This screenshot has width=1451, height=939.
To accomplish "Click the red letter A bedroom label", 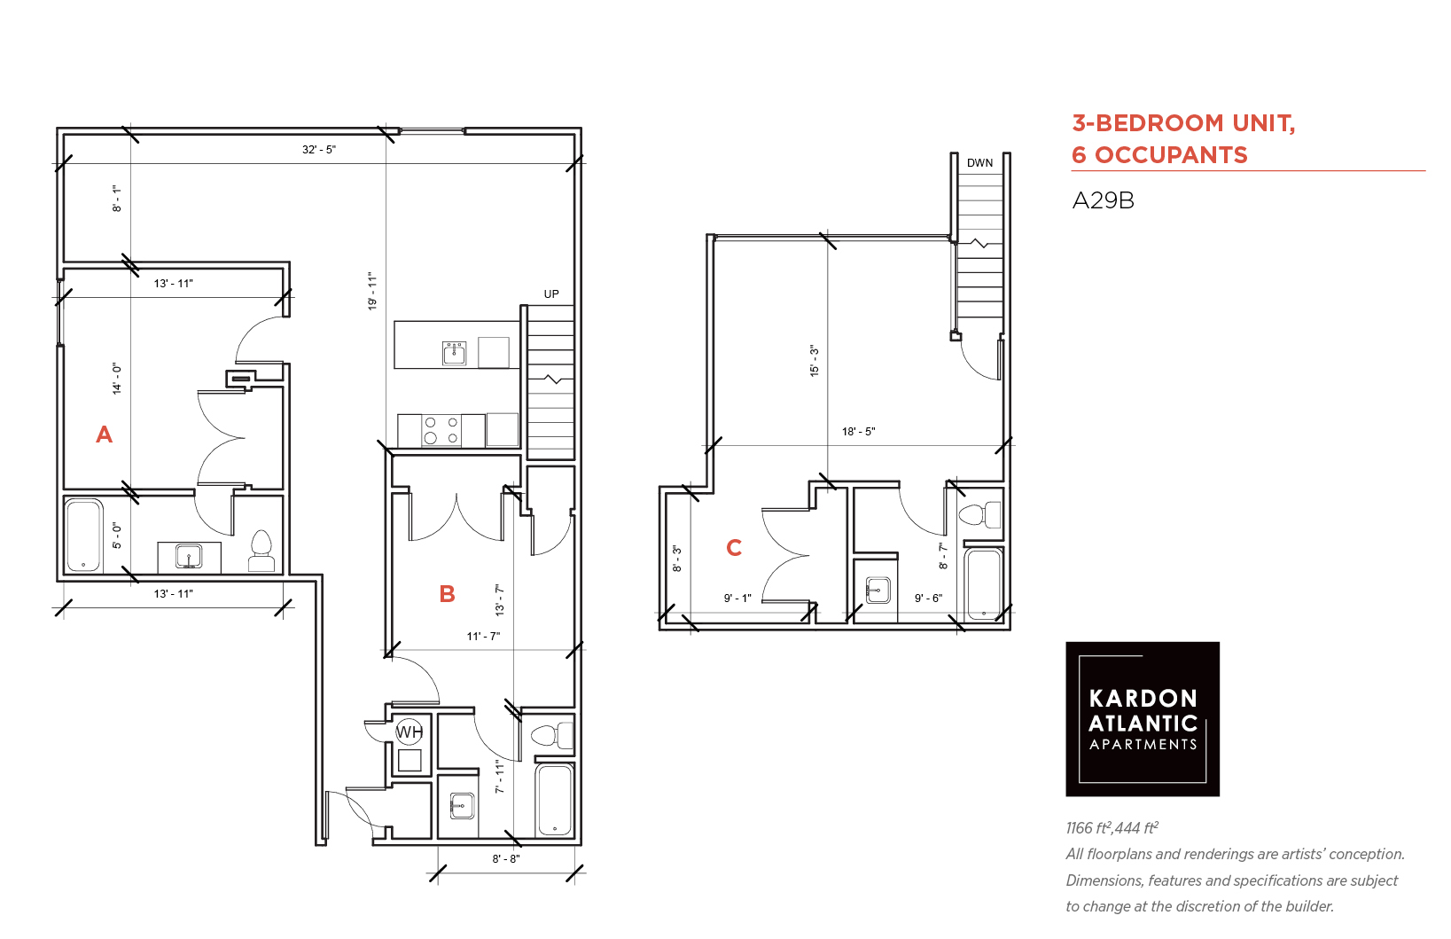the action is point(105,434).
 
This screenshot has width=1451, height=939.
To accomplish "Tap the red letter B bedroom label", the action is point(447,593).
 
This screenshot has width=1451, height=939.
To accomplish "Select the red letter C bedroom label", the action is point(733,548).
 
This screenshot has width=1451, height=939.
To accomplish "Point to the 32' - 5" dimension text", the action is point(319,150).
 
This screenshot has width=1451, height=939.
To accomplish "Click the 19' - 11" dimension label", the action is point(372,291).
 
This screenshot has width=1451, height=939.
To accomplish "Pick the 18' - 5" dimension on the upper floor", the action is point(858,432).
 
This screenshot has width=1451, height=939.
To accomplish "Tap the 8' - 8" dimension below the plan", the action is point(506,858).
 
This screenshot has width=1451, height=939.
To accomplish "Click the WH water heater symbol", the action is point(410,732).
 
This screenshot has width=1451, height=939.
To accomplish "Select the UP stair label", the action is point(551,294).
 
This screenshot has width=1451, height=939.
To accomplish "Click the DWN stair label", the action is point(979,162).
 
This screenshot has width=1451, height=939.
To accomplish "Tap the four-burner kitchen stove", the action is point(441,431).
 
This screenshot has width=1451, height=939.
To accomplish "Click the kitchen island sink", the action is point(454,353).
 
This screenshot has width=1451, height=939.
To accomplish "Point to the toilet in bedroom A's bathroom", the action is point(261,552).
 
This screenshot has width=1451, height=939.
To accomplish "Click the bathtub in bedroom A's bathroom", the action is point(83,536).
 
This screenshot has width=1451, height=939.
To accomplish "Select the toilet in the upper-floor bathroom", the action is point(979,515).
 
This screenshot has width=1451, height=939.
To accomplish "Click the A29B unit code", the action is point(1104,201).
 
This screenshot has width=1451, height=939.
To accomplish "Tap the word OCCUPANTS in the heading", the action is point(1171,155).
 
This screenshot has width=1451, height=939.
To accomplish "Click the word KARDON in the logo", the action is point(1143,698).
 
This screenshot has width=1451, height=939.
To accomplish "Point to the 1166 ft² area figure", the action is point(1088,828).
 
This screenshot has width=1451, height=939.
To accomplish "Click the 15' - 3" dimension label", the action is point(815,361).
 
